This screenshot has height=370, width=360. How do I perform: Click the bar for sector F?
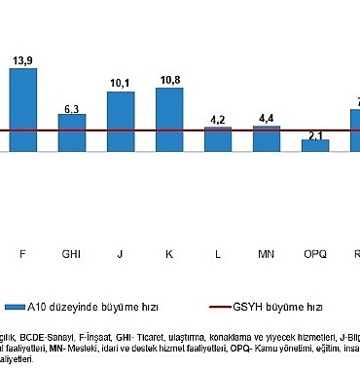point(23,109)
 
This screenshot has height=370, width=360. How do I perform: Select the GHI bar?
point(72,132)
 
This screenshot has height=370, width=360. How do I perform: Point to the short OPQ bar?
point(315,145)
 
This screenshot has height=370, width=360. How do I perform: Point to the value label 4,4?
point(267,119)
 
